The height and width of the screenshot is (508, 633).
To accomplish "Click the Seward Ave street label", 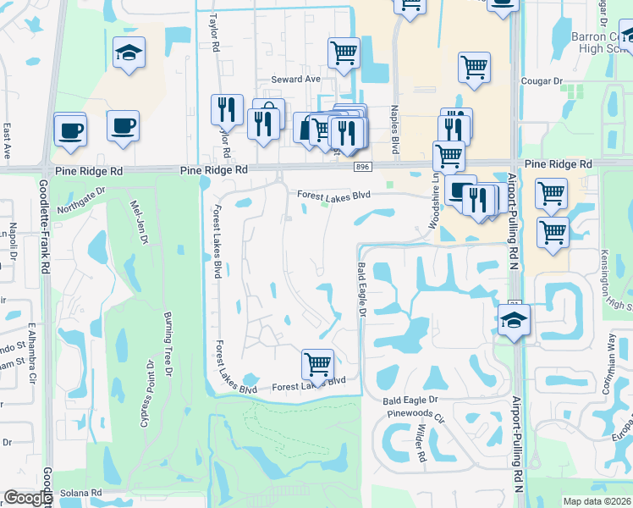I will [296, 80].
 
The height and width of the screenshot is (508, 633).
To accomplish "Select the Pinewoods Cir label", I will [414, 417].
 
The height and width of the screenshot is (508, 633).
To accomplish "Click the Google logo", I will [28, 498].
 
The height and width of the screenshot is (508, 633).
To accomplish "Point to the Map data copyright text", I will [597, 501].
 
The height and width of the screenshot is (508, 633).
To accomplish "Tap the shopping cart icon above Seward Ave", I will [344, 53].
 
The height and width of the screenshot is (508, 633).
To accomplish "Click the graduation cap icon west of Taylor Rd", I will [129, 53].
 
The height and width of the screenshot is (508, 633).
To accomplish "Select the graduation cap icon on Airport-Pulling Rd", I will [513, 322].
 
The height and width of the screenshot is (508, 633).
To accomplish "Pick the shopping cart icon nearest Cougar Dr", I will [474, 67].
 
